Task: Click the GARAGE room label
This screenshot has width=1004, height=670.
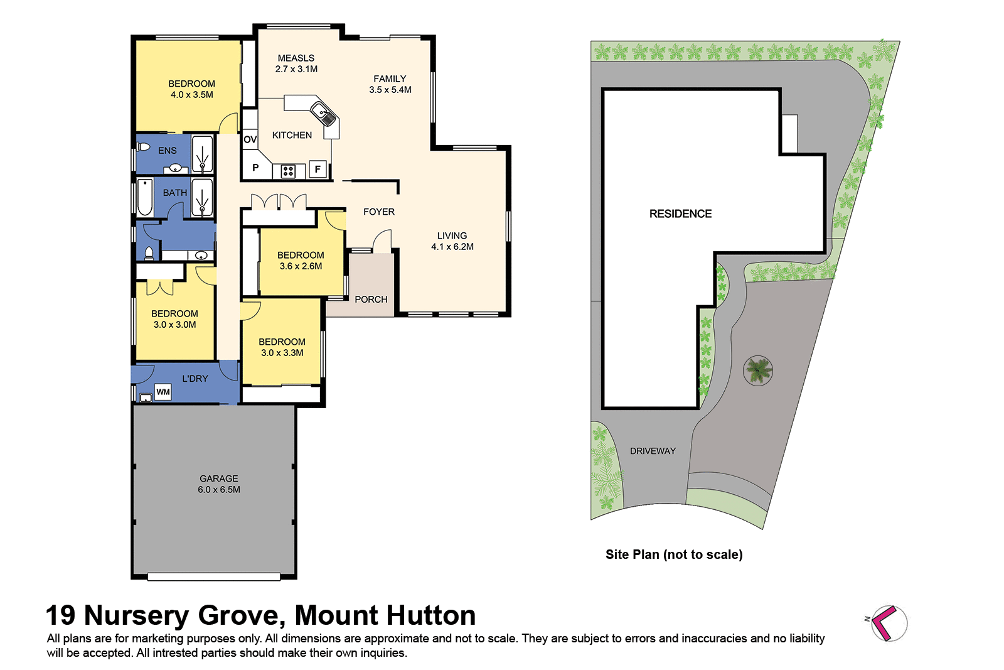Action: tap(218, 478)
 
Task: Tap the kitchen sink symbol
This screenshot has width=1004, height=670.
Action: tap(324, 115)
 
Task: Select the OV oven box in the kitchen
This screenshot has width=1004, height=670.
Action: tap(250, 139)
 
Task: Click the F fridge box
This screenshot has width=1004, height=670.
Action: tap(318, 169)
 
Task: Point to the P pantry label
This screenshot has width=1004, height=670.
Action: tap(255, 168)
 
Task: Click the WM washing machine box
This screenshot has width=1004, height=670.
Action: tap(163, 392)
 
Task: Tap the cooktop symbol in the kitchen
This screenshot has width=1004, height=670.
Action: tap(288, 171)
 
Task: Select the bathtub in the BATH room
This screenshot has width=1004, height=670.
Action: tap(145, 197)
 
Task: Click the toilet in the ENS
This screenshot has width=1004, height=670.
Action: tap(144, 148)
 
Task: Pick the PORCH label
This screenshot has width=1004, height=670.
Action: tap(371, 300)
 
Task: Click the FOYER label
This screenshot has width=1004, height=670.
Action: tap(379, 212)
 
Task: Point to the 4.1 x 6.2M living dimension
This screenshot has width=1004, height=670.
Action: tap(452, 247)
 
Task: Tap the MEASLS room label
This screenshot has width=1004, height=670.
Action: tap(296, 58)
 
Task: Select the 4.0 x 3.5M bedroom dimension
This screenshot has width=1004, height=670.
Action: tap(191, 95)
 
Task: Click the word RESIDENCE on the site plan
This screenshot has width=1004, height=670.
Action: tap(680, 213)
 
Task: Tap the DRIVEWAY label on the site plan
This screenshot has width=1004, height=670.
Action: tap(653, 451)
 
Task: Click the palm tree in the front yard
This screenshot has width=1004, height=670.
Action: tap(758, 370)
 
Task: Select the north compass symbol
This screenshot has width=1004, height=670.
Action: tap(887, 623)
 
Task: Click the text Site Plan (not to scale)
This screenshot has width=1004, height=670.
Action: tap(674, 554)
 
